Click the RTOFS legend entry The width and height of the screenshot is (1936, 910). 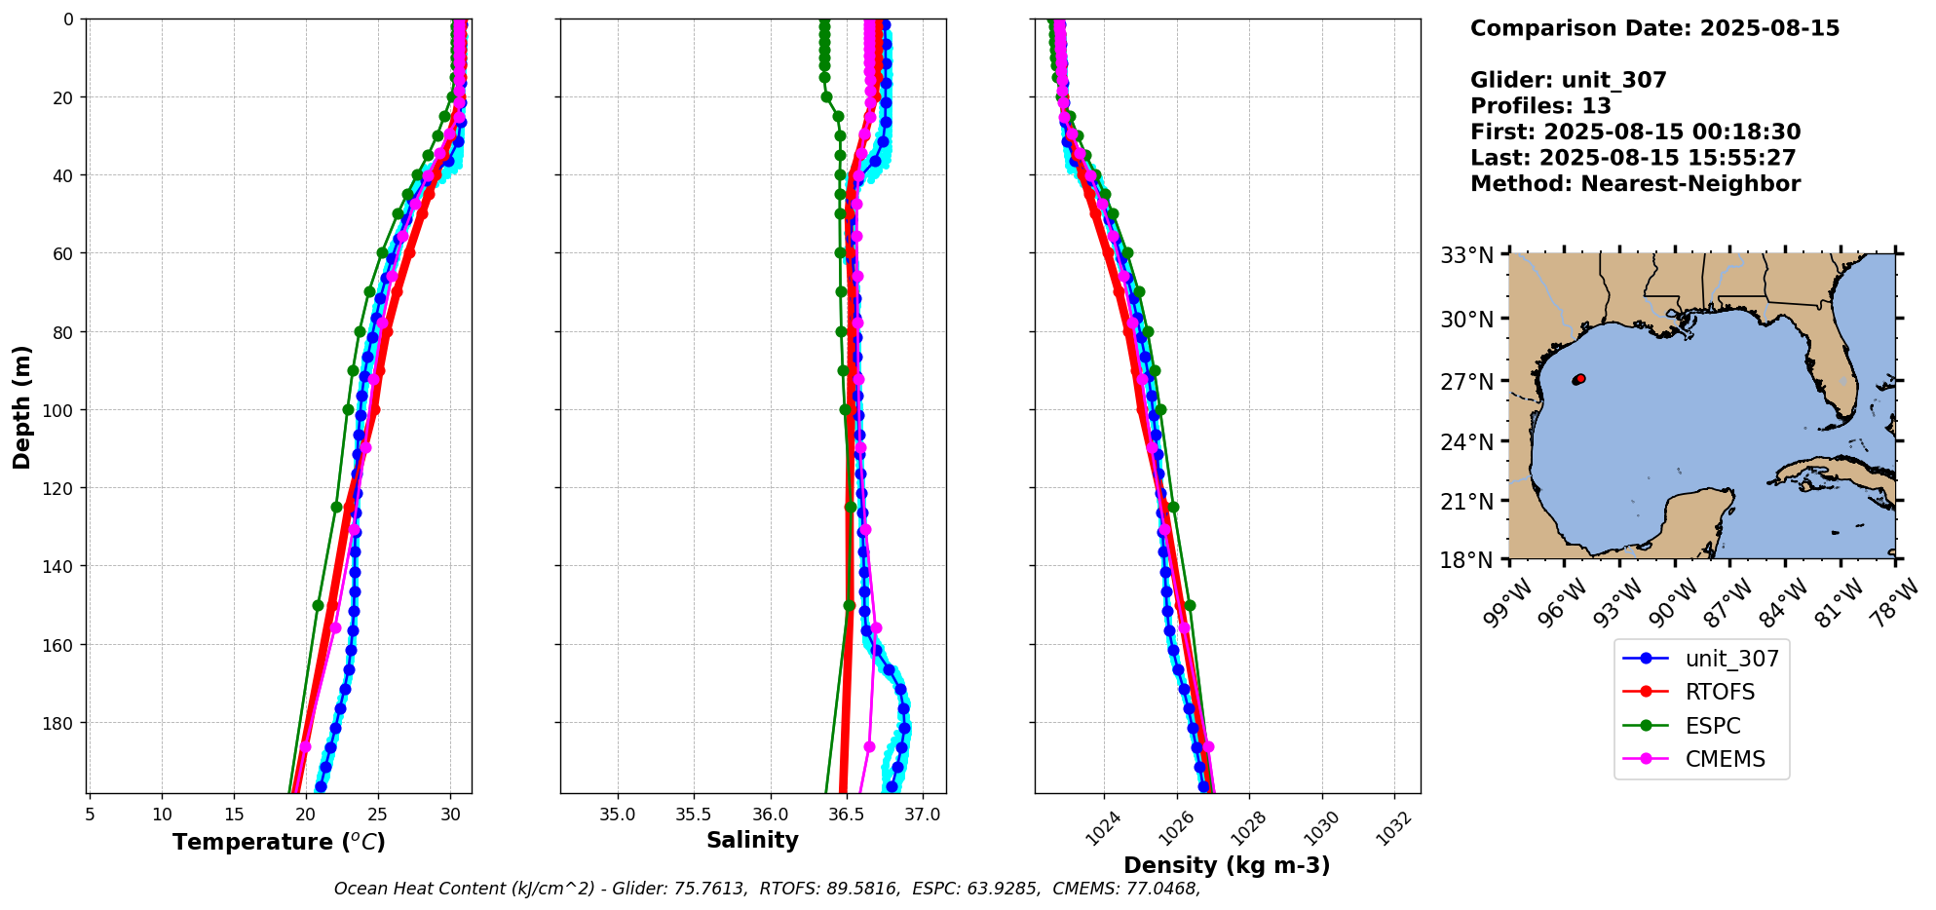[x=1719, y=692]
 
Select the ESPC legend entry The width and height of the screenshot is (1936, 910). [x=1712, y=726]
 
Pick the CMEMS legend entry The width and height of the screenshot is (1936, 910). [x=1724, y=759]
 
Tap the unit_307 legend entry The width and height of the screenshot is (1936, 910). [x=1731, y=659]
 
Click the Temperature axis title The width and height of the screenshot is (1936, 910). [x=279, y=842]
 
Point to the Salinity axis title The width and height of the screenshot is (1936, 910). [x=752, y=840]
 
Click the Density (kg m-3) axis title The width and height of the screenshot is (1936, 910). [x=1227, y=865]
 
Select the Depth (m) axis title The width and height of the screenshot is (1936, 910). [x=21, y=406]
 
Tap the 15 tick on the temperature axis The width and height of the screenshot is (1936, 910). [x=234, y=814]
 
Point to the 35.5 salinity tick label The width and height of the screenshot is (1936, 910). [x=693, y=814]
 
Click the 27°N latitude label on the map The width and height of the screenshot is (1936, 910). [x=1466, y=381]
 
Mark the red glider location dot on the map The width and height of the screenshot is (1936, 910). [x=1579, y=379]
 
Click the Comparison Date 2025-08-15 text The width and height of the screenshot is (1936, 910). [x=1654, y=28]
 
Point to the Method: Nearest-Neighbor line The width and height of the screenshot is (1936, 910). [x=1635, y=183]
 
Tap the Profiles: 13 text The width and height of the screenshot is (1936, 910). [x=1540, y=106]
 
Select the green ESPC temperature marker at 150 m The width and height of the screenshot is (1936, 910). [x=318, y=605]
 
